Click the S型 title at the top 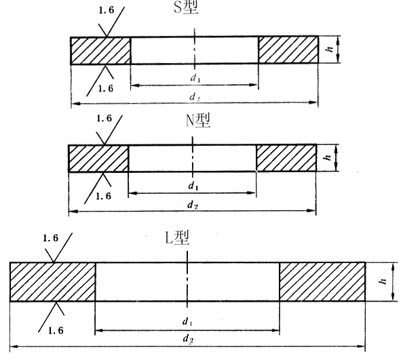pos(186,7)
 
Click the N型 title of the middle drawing pos(198,121)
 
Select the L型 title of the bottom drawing pos(177,237)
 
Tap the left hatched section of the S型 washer pos(100,50)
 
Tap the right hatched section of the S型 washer pos(288,49)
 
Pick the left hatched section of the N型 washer pos(98,159)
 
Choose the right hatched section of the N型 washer pos(286,158)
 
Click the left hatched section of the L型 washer pos(52,282)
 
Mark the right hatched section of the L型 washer pos(322,281)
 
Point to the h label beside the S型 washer pos(330,49)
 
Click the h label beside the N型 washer pos(328,157)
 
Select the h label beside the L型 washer pos(383,281)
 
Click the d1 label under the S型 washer pos(195,78)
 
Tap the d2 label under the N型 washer pos(193,205)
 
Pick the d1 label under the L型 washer pos(187,321)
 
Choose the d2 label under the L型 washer pos(188,339)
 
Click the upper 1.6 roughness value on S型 pos(106,10)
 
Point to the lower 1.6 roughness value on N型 pos(104,196)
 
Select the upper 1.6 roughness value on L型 pos(51,238)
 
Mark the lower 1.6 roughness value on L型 pos(56,330)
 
